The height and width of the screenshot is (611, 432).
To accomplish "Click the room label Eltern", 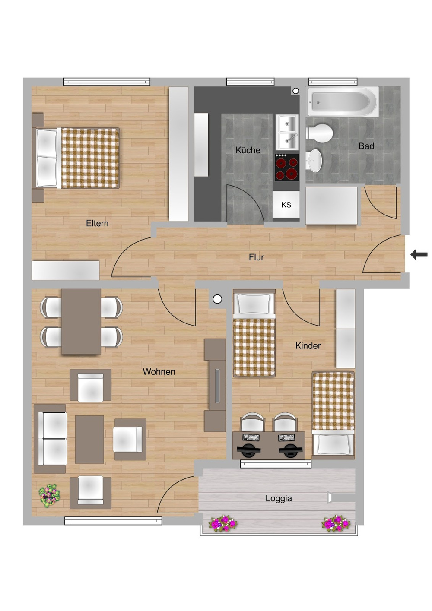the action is (x=97, y=223).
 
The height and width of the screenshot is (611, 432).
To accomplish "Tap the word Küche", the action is (x=248, y=150).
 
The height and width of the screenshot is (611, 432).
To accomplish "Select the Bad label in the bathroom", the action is (x=366, y=146).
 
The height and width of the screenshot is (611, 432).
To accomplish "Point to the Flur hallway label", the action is (x=256, y=257).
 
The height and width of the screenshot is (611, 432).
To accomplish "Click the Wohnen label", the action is (x=159, y=371).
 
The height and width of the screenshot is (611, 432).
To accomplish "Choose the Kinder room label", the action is (x=308, y=345).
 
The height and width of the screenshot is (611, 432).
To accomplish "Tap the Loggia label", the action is (x=279, y=498).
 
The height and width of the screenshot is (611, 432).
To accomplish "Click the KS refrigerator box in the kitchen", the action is (x=286, y=205).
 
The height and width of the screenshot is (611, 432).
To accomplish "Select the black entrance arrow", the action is (x=419, y=255).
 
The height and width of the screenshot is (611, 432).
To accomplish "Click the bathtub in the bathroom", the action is (x=343, y=101).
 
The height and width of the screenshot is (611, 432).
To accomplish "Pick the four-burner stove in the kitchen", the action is (x=286, y=168).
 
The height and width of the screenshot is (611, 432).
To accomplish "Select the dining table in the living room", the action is (x=81, y=321).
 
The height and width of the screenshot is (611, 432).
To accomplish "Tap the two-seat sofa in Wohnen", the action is (x=50, y=439).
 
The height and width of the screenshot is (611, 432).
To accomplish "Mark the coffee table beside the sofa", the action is (x=89, y=439).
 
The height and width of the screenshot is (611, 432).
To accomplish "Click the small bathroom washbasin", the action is (x=314, y=160).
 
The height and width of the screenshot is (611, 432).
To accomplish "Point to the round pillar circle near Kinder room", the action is (x=217, y=299).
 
